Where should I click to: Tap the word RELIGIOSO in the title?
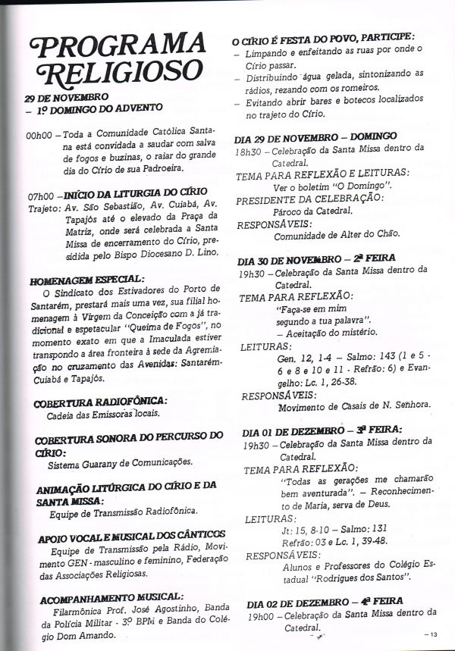pyautogui.click(x=107, y=74)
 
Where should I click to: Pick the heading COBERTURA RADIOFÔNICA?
pyautogui.click(x=100, y=399)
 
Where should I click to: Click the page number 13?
pyautogui.click(x=433, y=634)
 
